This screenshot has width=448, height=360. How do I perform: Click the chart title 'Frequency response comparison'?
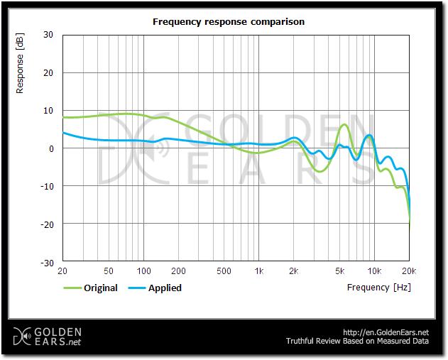click(229, 22)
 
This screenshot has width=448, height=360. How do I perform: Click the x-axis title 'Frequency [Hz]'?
click(378, 288)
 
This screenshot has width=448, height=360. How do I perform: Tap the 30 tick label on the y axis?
click(48, 35)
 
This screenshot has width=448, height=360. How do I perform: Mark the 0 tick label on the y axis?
click(51, 148)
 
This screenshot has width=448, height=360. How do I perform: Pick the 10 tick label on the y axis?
click(48, 111)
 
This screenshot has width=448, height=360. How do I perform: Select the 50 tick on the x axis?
click(109, 271)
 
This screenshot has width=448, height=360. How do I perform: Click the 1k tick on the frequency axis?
click(259, 271)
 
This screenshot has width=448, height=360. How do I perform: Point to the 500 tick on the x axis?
click(224, 271)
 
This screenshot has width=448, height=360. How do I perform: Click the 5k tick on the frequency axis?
click(340, 271)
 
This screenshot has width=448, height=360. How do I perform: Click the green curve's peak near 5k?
click(344, 125)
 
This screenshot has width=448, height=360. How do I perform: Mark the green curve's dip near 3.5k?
click(321, 171)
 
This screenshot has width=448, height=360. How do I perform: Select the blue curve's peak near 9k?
click(368, 135)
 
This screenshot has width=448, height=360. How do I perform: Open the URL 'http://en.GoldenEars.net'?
click(386, 332)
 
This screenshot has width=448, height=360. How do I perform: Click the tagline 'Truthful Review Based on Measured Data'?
click(357, 342)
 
